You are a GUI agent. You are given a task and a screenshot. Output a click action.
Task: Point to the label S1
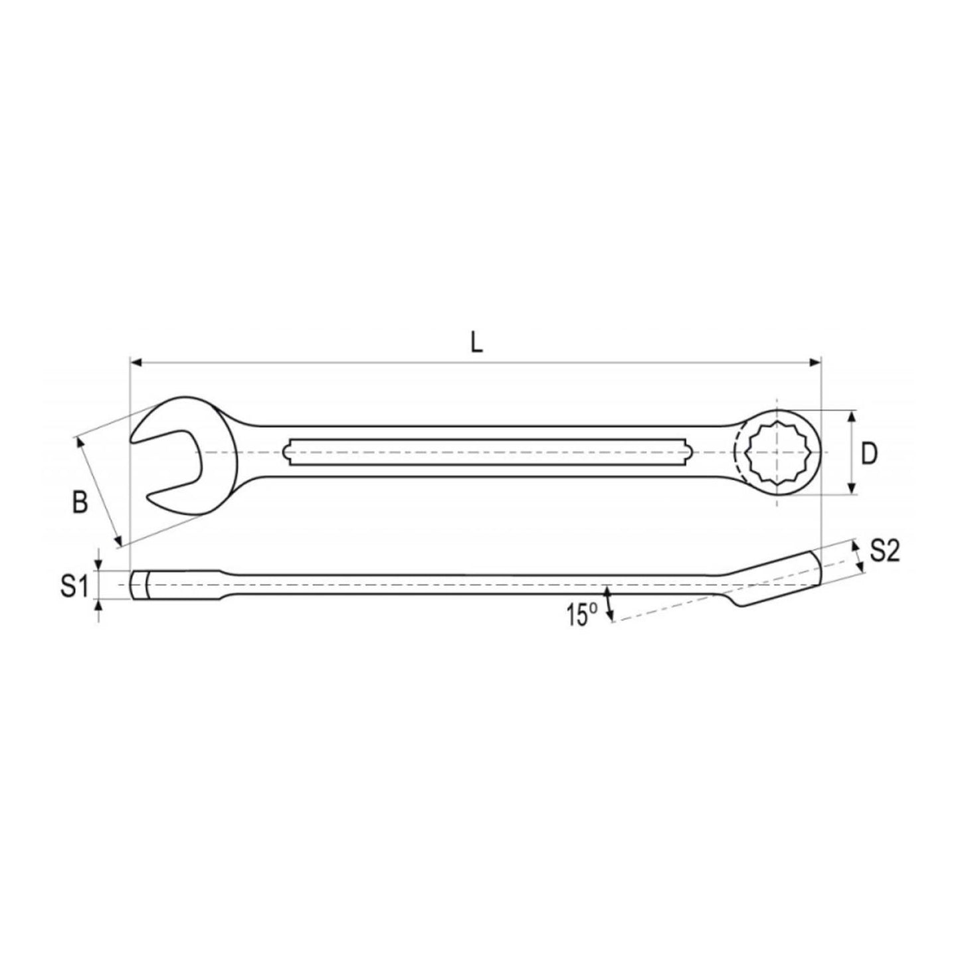[x=74, y=587]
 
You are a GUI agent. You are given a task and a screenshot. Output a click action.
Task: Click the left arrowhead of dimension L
[x=136, y=362]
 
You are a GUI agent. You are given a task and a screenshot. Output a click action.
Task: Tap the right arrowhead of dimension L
[x=813, y=362]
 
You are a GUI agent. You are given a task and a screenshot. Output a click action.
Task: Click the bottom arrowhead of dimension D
[x=852, y=488]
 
